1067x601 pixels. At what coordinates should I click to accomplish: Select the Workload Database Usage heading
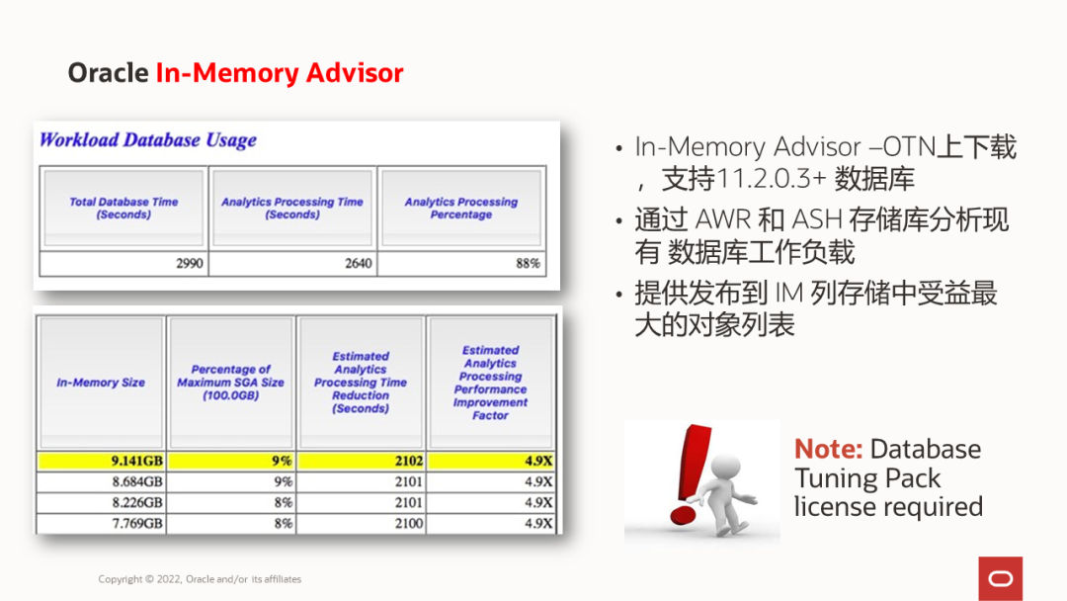(148, 139)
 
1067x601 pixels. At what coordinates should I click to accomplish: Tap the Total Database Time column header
(123, 208)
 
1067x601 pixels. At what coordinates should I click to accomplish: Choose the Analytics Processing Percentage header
(460, 208)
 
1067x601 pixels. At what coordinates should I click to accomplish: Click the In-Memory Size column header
(101, 383)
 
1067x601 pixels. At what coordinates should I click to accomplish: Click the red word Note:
(828, 449)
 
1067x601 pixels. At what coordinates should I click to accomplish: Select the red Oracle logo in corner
(1000, 577)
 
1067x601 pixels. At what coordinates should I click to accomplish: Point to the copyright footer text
(200, 579)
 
